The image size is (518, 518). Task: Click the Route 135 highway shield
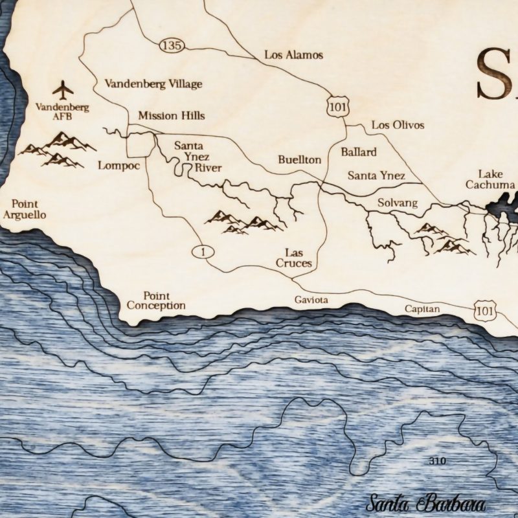tap(172, 45)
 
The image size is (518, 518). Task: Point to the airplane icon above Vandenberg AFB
tap(63, 88)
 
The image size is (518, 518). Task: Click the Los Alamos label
tap(293, 55)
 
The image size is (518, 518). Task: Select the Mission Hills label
tap(171, 116)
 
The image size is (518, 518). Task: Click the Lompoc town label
tap(119, 165)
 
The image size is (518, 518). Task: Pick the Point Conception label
tap(156, 300)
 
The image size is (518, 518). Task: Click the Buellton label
tap(299, 159)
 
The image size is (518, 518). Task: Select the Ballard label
tap(358, 152)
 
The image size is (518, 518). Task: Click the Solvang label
tap(398, 203)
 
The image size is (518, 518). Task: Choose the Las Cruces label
tap(294, 258)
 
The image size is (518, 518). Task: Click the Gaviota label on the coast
tap(311, 300)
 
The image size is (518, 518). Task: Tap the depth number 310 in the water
tap(438, 462)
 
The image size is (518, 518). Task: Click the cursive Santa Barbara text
tap(425, 503)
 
